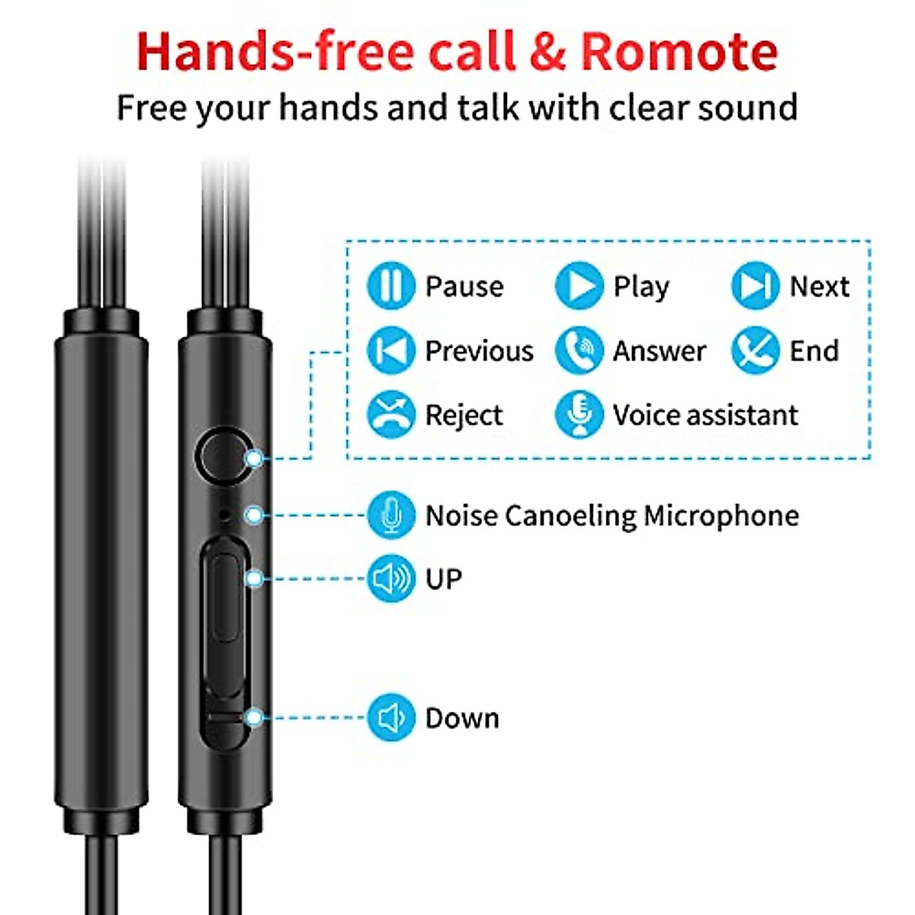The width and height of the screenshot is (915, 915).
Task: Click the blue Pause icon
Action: [391, 286]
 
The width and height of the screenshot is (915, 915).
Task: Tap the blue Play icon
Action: [579, 286]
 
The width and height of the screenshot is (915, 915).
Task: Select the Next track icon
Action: [756, 286]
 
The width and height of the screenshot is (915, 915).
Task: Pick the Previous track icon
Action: [391, 351]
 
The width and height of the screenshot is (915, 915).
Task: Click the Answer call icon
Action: [579, 351]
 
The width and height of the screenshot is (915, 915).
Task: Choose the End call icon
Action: [756, 351]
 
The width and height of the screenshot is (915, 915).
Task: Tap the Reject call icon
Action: [391, 415]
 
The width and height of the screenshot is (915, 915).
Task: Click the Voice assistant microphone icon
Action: [579, 415]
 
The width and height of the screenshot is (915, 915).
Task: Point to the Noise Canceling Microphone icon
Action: [391, 515]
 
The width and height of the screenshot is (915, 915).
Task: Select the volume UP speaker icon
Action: [391, 579]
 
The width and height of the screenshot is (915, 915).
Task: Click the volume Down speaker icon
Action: [391, 718]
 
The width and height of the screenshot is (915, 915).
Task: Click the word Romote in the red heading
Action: [679, 52]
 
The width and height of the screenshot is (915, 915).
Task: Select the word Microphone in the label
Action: [721, 516]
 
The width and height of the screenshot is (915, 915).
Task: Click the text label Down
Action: [462, 718]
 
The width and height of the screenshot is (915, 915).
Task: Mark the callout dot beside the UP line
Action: [255, 579]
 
